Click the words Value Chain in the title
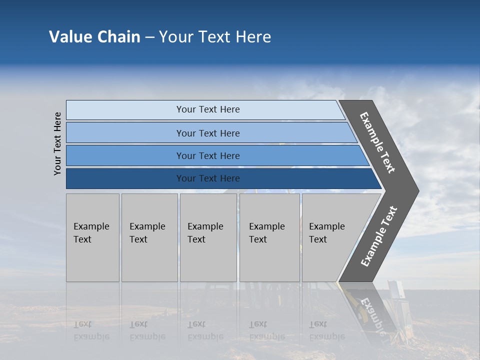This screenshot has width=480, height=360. pyautogui.click(x=94, y=37)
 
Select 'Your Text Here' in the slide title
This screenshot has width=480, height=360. pyautogui.click(x=215, y=37)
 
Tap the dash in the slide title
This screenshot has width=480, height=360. pyautogui.click(x=149, y=37)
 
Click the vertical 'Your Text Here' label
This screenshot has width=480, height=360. pyautogui.click(x=57, y=143)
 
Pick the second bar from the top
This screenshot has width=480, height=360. pyautogui.click(x=207, y=133)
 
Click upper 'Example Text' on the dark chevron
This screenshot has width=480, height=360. pyautogui.click(x=377, y=143)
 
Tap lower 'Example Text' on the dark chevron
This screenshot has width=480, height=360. pyautogui.click(x=379, y=236)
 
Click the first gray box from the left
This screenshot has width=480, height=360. pyautogui.click(x=92, y=237)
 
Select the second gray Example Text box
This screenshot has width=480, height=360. pyautogui.click(x=149, y=237)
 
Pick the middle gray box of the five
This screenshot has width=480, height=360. pyautogui.click(x=208, y=237)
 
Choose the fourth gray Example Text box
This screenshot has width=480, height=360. pyautogui.click(x=269, y=237)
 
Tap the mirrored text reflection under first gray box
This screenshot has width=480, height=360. pyautogui.click(x=91, y=331)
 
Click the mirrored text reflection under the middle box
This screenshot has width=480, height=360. pyautogui.click(x=205, y=331)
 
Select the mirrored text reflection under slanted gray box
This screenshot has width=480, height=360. pyautogui.click(x=327, y=331)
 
